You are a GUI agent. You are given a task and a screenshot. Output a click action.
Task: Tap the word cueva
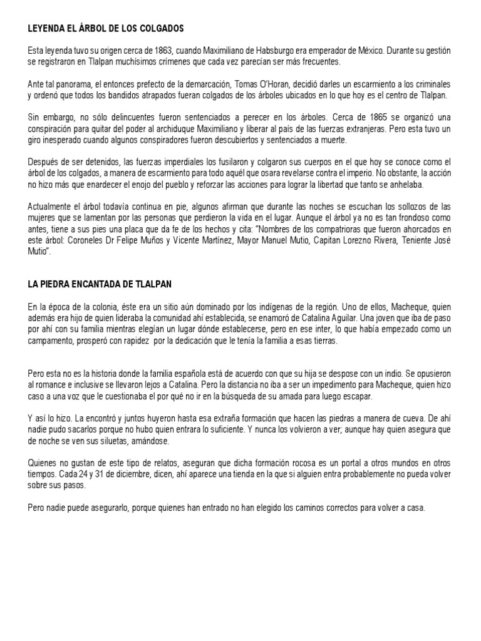403,418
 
